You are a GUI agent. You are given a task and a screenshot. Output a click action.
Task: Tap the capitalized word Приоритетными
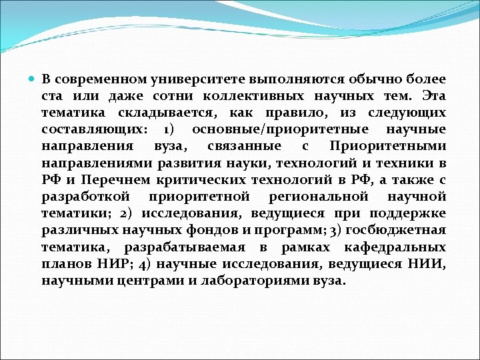(x=388, y=146)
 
